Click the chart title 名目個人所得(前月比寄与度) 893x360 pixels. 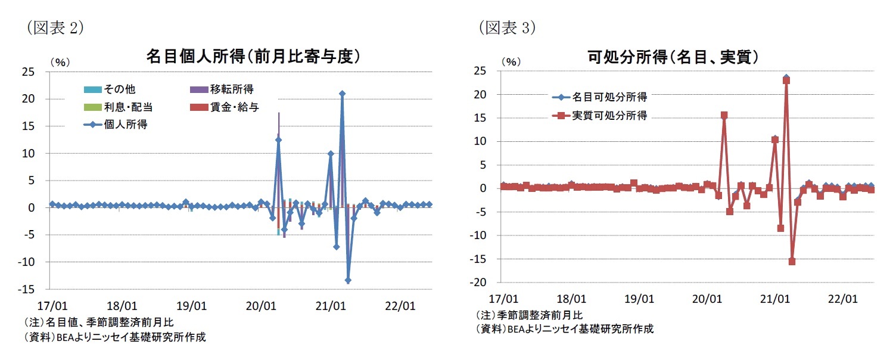pos(254,56)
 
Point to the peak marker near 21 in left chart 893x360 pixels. pos(342,94)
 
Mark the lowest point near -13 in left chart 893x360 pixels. pos(348,280)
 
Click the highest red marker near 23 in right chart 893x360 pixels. pos(786,80)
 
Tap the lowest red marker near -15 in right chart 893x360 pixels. pos(792,261)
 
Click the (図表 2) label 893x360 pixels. pos(54,27)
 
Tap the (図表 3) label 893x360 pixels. pos(507,27)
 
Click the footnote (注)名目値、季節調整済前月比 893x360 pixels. pos(99,322)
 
